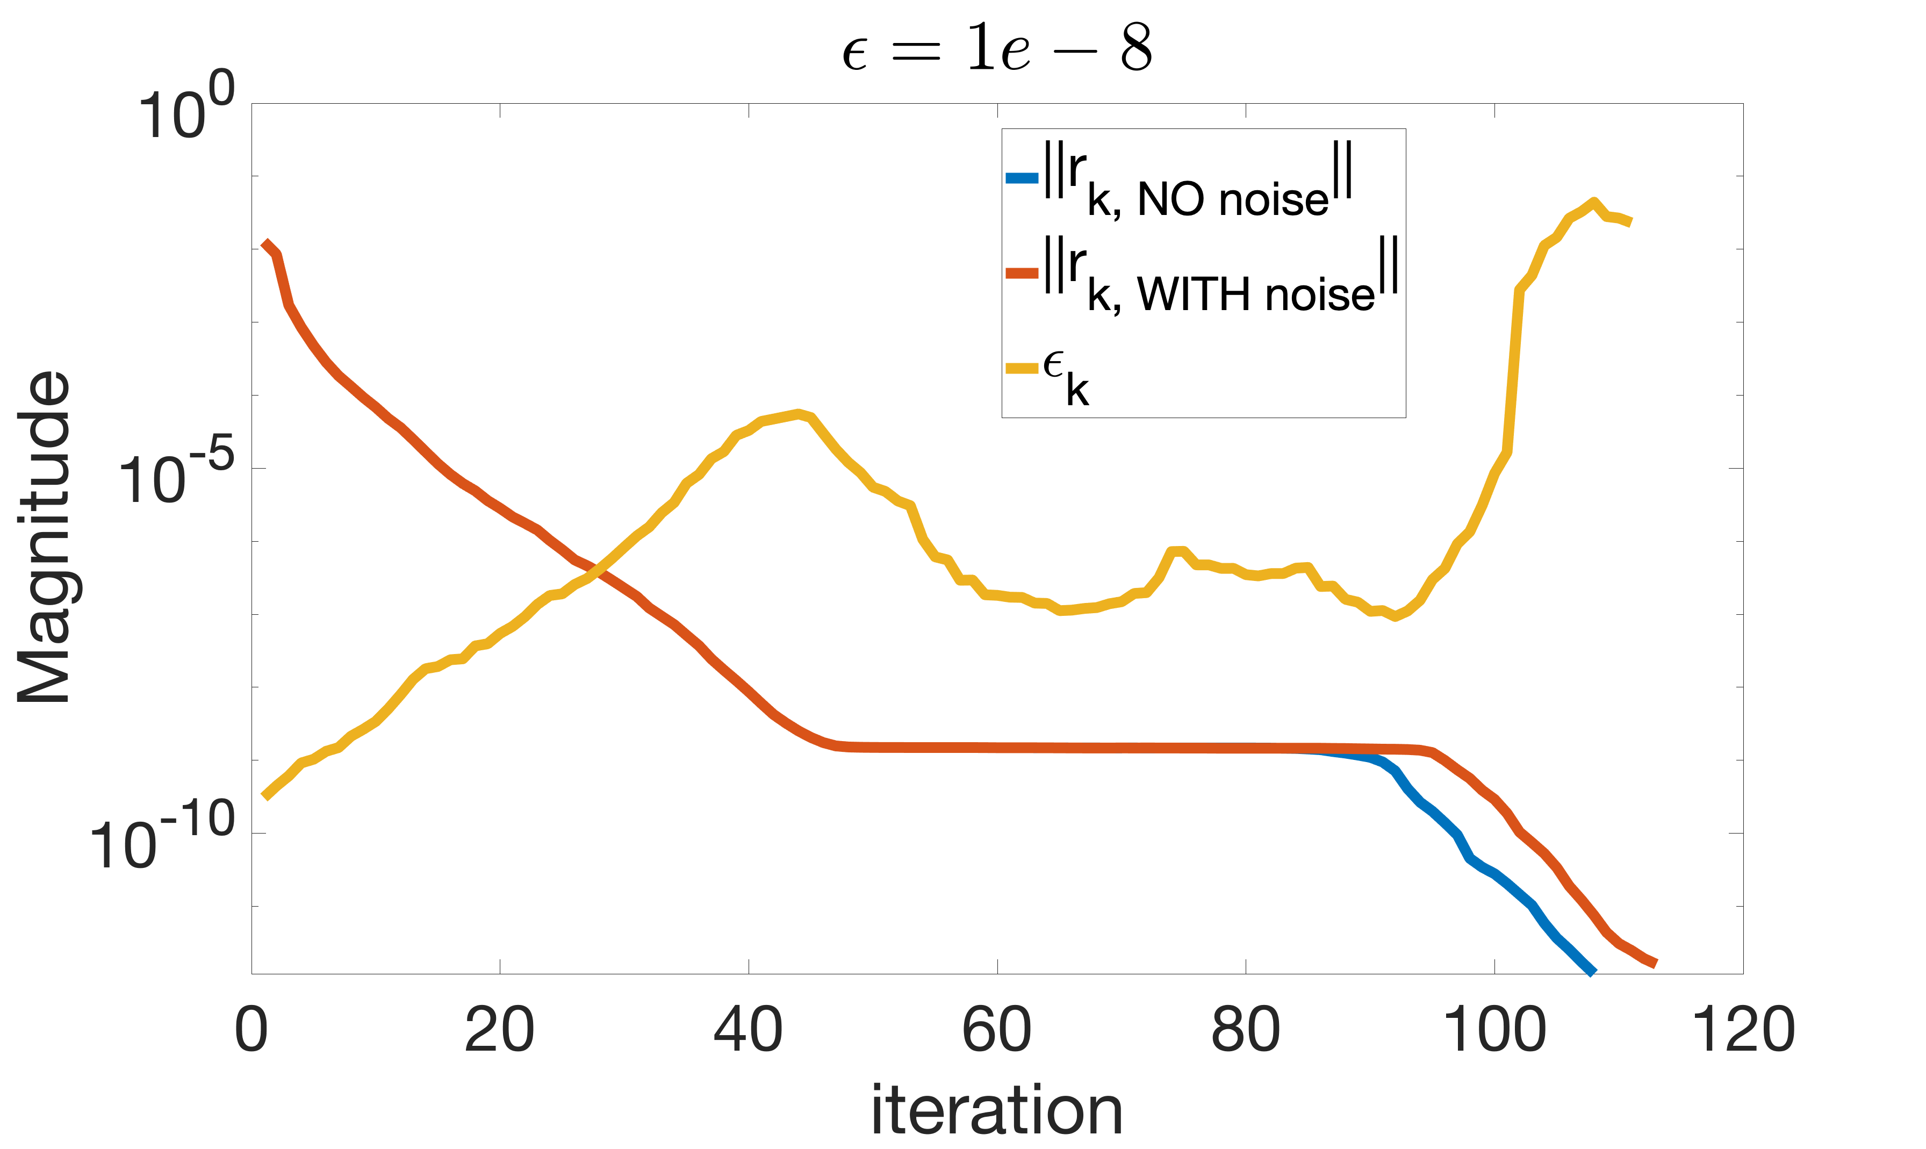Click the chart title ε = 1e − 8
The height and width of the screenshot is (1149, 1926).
[x=997, y=48]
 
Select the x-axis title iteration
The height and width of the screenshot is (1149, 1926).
[x=997, y=1109]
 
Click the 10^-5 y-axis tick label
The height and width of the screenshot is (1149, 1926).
[x=176, y=474]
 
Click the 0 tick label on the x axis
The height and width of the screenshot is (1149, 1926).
[x=251, y=1029]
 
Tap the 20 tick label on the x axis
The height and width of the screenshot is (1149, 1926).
[x=500, y=1029]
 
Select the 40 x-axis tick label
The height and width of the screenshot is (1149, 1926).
[x=749, y=1029]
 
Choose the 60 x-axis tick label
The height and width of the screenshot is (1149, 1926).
[x=997, y=1029]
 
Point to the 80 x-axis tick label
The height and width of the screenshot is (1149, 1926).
[x=1246, y=1029]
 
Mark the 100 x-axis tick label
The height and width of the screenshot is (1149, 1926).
[x=1494, y=1029]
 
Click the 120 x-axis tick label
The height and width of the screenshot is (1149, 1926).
[x=1743, y=1029]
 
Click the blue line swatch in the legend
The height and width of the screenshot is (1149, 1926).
[x=1022, y=178]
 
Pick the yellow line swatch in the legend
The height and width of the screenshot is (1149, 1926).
[x=1022, y=369]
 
